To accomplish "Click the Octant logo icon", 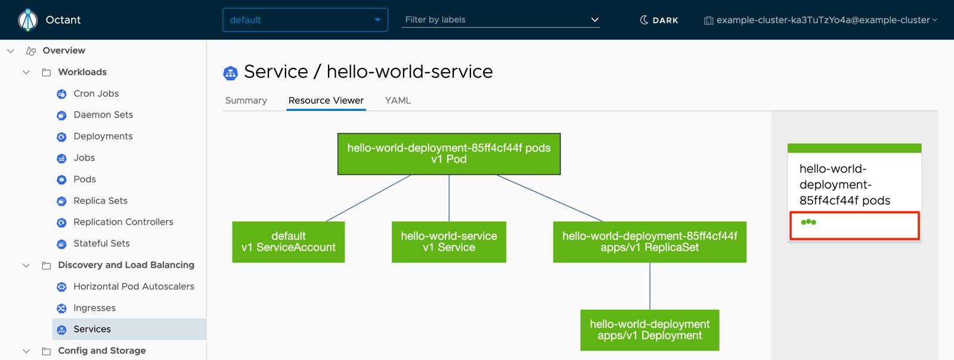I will point(27,20).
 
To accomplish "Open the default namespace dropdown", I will point(305,20).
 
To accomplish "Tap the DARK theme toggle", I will point(659,20).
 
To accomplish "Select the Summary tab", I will point(246,100).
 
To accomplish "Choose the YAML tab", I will point(398,100).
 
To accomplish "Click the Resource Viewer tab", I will point(326,100).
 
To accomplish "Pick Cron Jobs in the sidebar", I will point(95,94).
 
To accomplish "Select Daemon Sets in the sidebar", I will point(103,114).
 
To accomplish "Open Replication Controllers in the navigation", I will point(123,222).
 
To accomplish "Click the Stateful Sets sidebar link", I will point(101,243).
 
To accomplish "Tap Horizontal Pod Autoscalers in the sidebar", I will point(134,286).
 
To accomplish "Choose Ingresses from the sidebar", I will point(94,308).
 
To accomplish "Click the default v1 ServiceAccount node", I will point(288,242).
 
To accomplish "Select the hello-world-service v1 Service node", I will point(448,242).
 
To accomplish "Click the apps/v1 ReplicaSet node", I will point(649,242).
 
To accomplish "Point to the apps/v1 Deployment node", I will point(649,330).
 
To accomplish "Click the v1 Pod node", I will point(448,154).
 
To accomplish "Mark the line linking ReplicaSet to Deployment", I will point(650,286).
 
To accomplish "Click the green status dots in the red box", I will point(809,222).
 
